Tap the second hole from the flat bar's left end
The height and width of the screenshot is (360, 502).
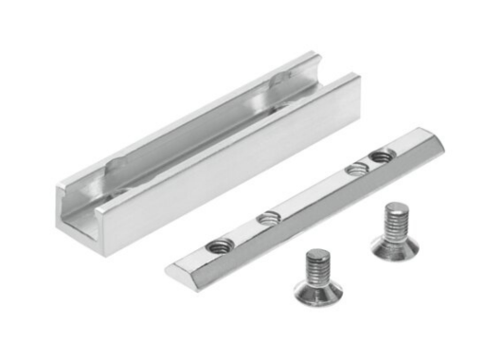(x=268, y=218)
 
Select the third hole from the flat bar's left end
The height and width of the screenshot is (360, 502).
(x=355, y=169)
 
